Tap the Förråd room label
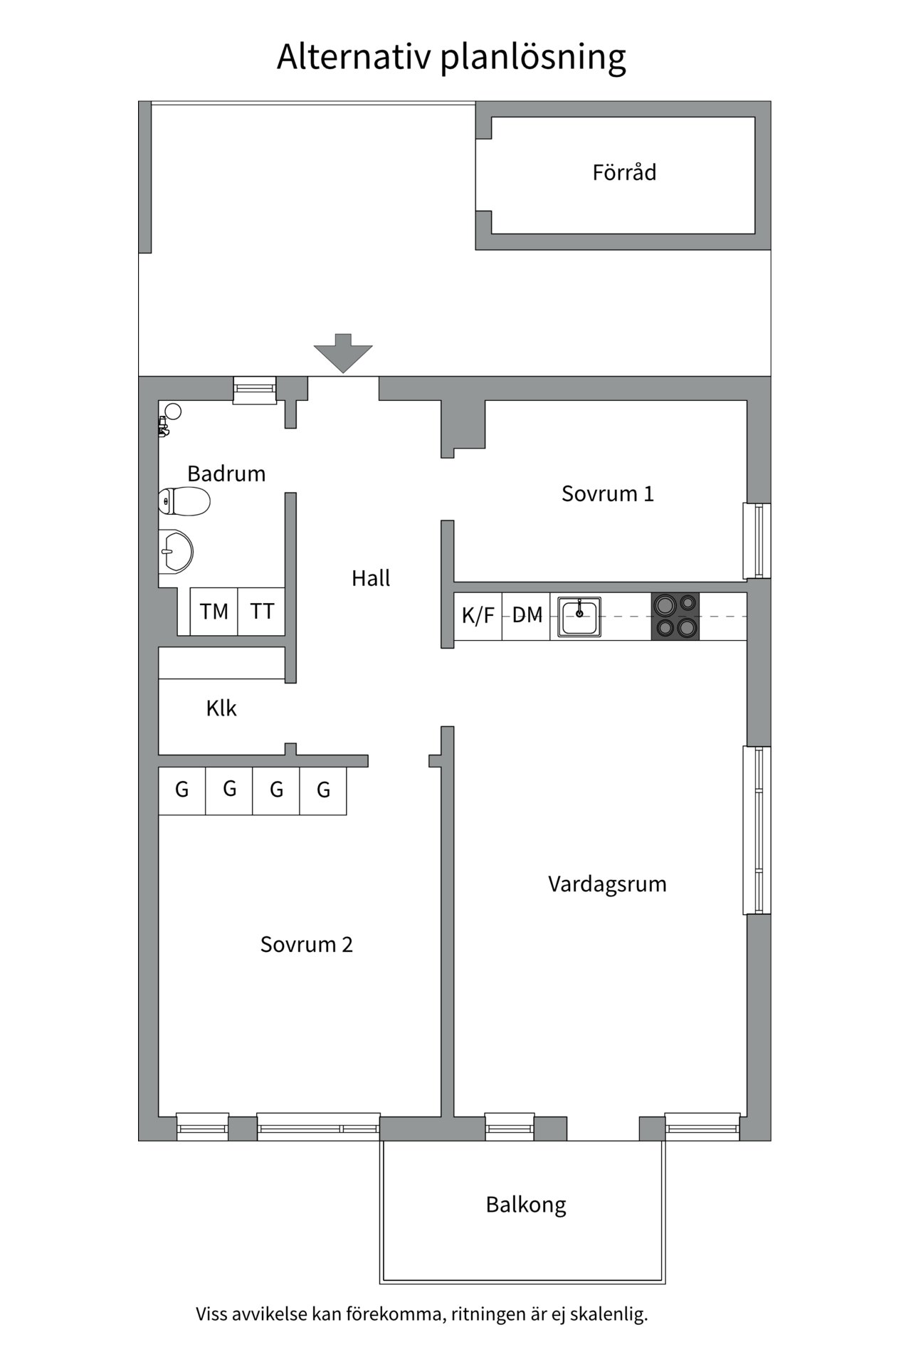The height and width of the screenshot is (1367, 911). click(624, 173)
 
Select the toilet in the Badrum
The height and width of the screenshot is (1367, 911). click(184, 501)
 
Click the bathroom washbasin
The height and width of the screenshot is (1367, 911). click(175, 552)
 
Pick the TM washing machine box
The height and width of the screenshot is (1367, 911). click(214, 612)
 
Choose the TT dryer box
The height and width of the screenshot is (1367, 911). click(262, 612)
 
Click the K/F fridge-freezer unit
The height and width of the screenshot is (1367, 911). click(478, 616)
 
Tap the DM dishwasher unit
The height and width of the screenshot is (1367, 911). click(527, 616)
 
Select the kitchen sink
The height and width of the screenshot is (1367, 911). click(579, 617)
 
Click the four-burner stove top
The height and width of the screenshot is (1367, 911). click(675, 617)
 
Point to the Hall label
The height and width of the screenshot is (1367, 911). click(371, 578)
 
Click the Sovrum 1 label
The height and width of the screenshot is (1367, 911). click(607, 494)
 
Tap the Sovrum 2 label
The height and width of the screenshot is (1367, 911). click(306, 945)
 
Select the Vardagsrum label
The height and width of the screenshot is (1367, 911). click(607, 884)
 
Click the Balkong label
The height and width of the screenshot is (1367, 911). click(526, 1205)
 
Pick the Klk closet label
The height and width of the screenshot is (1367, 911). click(221, 708)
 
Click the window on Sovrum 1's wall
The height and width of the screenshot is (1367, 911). click(758, 540)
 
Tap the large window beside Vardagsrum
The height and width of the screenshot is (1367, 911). click(758, 830)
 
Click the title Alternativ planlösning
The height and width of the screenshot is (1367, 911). click(451, 57)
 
